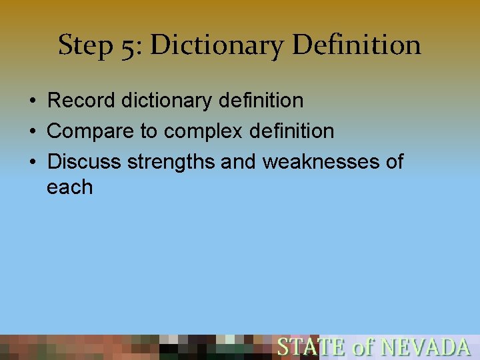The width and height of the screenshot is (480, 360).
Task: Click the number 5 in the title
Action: [x=127, y=46]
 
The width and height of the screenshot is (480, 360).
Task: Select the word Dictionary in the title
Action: [x=217, y=46]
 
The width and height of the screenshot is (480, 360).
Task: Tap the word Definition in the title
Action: [x=357, y=46]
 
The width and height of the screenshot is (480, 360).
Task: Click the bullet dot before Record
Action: [x=32, y=101]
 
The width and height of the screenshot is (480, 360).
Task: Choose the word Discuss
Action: [x=85, y=162]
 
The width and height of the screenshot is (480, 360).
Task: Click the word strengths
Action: [x=171, y=162]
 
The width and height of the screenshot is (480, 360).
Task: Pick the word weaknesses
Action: [x=320, y=162]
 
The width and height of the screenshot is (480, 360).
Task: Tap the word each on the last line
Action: [x=70, y=187]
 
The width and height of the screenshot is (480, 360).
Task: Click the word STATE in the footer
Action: [x=311, y=347]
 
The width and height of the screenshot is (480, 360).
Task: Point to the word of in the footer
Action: [x=363, y=347]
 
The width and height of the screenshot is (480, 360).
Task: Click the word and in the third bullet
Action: [x=240, y=162]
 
